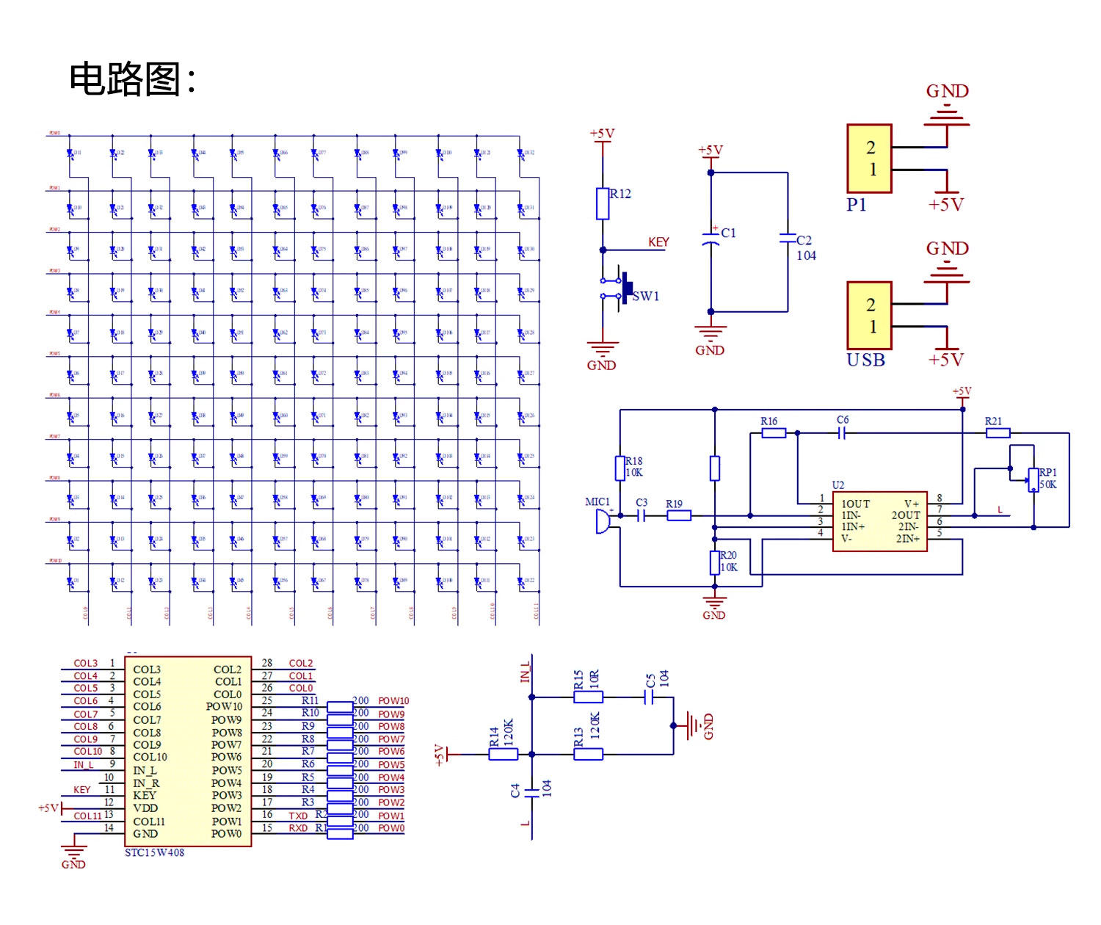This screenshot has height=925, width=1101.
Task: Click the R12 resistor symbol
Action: click(x=603, y=204)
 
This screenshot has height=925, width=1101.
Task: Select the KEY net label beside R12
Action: click(x=658, y=242)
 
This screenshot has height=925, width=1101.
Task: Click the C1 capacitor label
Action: click(x=728, y=233)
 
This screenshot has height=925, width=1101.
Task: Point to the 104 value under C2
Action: click(x=806, y=255)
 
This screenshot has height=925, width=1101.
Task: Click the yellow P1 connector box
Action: click(x=870, y=159)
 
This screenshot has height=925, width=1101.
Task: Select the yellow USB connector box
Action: click(x=870, y=316)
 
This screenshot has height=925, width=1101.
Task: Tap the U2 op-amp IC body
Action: click(x=879, y=521)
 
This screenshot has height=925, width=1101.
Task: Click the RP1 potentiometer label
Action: click(x=1048, y=472)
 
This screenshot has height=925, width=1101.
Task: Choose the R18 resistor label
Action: click(x=634, y=461)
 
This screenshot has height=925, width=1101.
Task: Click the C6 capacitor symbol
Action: click(x=842, y=433)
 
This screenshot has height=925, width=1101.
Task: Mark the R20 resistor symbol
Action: click(x=714, y=563)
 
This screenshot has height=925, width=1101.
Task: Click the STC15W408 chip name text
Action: click(x=154, y=853)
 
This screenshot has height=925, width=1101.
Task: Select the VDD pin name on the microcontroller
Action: click(x=145, y=808)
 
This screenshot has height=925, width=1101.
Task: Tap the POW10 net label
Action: click(x=393, y=701)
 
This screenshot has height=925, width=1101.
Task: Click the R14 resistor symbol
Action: click(x=504, y=754)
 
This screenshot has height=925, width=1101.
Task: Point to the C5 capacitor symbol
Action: click(x=648, y=697)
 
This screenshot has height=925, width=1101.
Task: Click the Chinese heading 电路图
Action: click(x=125, y=79)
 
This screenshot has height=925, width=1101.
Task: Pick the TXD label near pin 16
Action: click(x=298, y=816)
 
